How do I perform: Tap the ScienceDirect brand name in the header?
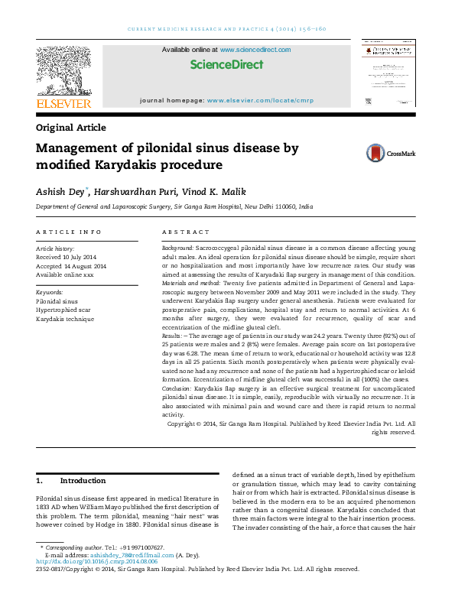pos(226,65)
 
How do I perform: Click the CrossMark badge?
pos(390,153)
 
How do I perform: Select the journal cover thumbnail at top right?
pos(388,76)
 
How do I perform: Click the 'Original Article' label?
pos(71,128)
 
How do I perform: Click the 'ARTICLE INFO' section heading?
pos(69,231)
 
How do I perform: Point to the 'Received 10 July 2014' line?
pos(67,257)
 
